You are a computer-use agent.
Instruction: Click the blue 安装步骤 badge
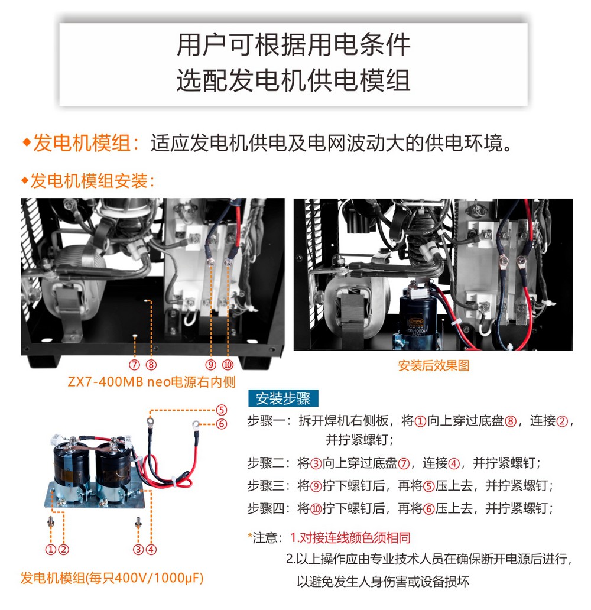pyautogui.click(x=283, y=398)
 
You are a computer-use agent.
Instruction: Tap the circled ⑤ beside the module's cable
pyautogui.click(x=222, y=410)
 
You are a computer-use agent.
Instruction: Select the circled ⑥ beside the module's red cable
pyautogui.click(x=222, y=424)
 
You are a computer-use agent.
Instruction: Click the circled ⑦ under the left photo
pyautogui.click(x=135, y=365)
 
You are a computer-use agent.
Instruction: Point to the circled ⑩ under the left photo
pyautogui.click(x=228, y=365)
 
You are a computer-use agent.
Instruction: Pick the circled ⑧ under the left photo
pyautogui.click(x=151, y=365)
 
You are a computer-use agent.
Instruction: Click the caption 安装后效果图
pyautogui.click(x=433, y=366)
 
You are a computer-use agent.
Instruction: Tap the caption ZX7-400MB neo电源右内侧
pyautogui.click(x=152, y=382)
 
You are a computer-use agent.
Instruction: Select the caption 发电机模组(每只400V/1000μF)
pyautogui.click(x=112, y=578)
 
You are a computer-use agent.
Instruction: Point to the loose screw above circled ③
pyautogui.click(x=138, y=523)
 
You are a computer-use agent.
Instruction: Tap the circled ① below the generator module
pyautogui.click(x=51, y=550)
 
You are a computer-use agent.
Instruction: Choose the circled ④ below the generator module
pyautogui.click(x=151, y=550)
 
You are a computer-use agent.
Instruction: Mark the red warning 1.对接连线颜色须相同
pyautogui.click(x=350, y=538)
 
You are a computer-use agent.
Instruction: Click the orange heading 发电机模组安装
pyautogui.click(x=89, y=181)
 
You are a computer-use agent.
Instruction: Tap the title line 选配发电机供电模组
pyautogui.click(x=293, y=80)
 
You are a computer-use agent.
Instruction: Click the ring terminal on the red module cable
pyautogui.click(x=196, y=424)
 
